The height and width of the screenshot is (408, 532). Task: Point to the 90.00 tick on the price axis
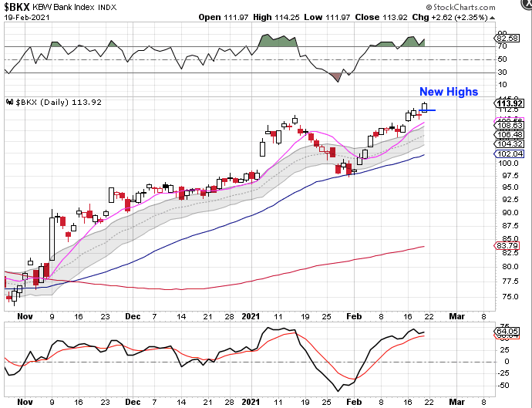pyautogui.click(x=510, y=212)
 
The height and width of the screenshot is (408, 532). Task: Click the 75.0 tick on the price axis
pyautogui.click(x=510, y=296)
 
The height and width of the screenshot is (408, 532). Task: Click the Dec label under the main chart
pyautogui.click(x=133, y=315)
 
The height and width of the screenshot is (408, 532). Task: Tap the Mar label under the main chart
pyautogui.click(x=456, y=315)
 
